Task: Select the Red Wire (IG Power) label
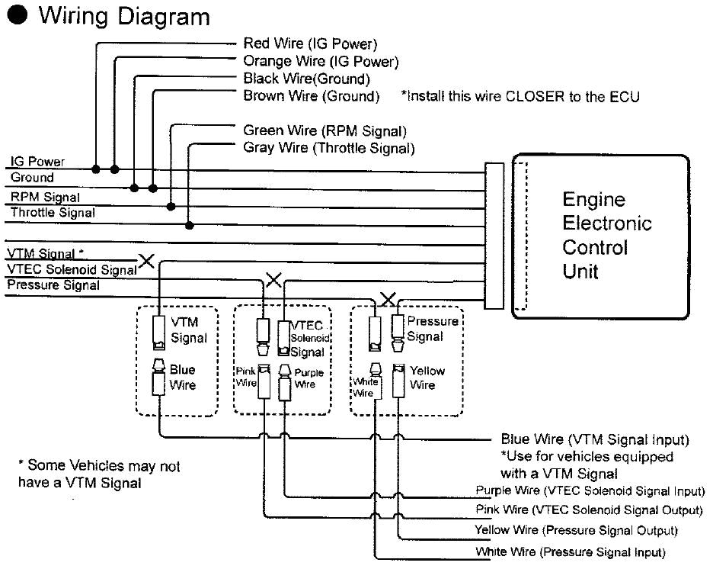point(310,44)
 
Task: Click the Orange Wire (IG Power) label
point(320,61)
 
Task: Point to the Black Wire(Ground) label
point(306,79)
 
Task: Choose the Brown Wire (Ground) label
point(311,96)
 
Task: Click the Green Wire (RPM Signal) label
point(325,131)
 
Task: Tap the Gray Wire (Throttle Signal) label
point(328,148)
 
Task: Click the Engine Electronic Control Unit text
point(606,235)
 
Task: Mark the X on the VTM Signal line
point(145,262)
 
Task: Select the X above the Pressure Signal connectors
point(388,297)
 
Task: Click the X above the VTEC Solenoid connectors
point(273,280)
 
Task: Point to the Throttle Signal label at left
point(53,213)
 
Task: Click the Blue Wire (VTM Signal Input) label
point(594,439)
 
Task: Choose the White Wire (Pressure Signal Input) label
point(571,551)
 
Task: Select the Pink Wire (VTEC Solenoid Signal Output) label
point(588,510)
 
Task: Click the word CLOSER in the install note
point(528,96)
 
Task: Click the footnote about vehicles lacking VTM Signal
point(98,474)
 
